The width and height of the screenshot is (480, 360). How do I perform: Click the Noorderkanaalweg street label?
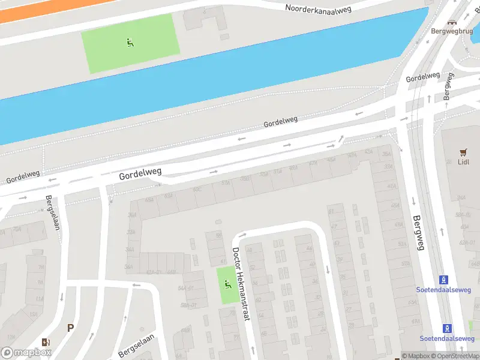(317, 8)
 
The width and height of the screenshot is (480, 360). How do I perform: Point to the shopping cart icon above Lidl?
(463, 152)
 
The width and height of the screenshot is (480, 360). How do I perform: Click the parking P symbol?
(71, 328)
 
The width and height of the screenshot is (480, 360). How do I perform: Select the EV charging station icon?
(46, 342)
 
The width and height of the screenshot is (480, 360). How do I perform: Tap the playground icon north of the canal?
(130, 42)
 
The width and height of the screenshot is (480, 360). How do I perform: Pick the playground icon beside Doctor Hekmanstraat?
(227, 284)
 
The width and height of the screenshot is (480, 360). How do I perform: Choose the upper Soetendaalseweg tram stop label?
(443, 290)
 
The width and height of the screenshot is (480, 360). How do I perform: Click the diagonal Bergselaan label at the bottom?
(136, 346)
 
